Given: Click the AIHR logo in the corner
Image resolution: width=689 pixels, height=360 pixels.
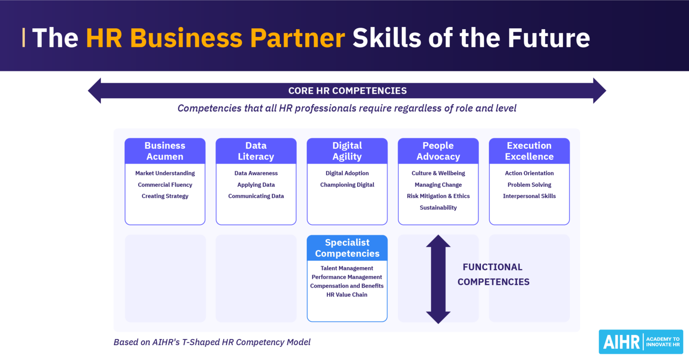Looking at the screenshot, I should click(x=641, y=342).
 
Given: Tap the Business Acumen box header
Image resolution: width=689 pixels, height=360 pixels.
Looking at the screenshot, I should click(x=165, y=151).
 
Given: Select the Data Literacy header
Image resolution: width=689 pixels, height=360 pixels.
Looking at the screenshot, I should click(x=256, y=151).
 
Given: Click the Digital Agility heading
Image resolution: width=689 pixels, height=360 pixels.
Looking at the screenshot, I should click(x=347, y=151).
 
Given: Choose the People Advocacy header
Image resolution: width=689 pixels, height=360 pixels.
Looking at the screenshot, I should click(x=438, y=151).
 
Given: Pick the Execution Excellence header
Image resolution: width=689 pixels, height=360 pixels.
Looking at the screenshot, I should click(x=529, y=151).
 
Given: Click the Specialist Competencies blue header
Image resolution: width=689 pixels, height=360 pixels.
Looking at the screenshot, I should click(x=347, y=248).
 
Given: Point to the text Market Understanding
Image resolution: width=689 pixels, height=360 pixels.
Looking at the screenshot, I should click(x=165, y=173).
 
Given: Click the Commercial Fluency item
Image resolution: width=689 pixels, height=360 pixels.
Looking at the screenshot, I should click(x=165, y=185).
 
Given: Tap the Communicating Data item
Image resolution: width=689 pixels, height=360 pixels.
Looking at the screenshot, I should click(x=256, y=196).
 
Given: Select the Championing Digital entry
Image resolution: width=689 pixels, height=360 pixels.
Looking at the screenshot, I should click(x=347, y=185).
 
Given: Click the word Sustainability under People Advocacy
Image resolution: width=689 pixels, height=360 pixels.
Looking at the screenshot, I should click(x=438, y=208).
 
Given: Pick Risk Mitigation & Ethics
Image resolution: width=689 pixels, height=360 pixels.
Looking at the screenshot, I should click(x=438, y=196).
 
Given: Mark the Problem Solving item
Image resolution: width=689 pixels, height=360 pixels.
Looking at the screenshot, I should click(x=529, y=185).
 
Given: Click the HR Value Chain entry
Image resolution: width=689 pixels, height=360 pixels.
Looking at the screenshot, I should click(x=347, y=295).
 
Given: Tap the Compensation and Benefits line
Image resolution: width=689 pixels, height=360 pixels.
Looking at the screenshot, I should click(x=347, y=286).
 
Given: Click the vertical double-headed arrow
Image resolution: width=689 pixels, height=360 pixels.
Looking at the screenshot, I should click(x=438, y=279).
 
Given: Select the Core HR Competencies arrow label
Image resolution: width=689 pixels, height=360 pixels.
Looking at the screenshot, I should click(x=347, y=91).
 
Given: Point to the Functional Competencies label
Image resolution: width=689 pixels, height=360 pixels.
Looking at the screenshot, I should click(x=493, y=274).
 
